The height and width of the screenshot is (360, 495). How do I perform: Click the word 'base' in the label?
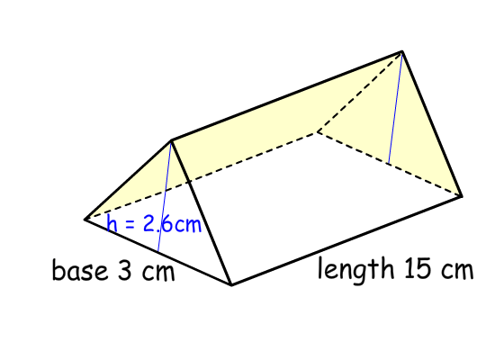[x=80, y=270]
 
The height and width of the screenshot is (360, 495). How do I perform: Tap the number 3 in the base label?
[x=124, y=270]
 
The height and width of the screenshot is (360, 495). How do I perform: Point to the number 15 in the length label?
[x=418, y=268]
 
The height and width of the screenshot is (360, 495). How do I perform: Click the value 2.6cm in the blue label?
[x=172, y=223]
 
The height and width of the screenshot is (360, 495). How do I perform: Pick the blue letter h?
[x=112, y=222]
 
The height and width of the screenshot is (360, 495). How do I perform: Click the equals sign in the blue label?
[x=130, y=224]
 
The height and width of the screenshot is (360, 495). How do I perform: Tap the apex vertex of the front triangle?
[x=171, y=139]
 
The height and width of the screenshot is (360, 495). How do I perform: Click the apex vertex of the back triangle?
[x=402, y=50]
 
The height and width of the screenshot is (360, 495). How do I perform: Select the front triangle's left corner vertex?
[x=85, y=219]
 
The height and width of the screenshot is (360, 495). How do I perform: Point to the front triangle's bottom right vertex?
[x=231, y=285]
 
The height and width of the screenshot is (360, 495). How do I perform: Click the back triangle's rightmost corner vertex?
[x=462, y=196]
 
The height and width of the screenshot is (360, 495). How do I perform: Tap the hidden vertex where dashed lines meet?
[x=318, y=131]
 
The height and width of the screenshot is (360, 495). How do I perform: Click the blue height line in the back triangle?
[x=395, y=107]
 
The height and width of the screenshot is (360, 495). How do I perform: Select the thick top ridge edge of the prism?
[x=286, y=95]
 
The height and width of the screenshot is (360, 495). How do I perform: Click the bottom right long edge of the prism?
[x=346, y=240]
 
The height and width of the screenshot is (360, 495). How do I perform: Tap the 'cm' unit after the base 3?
[x=158, y=272]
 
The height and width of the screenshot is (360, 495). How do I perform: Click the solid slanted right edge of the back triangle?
[x=432, y=123]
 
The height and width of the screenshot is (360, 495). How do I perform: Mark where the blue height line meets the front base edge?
[x=157, y=252]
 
